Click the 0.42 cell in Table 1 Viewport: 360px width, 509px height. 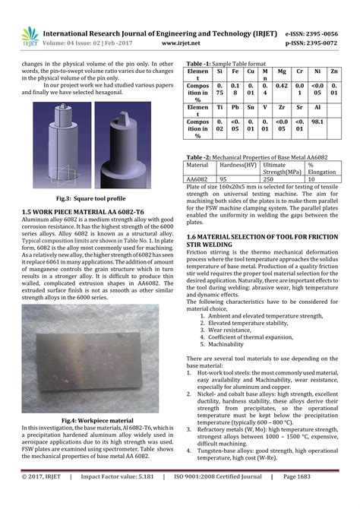(281, 86)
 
